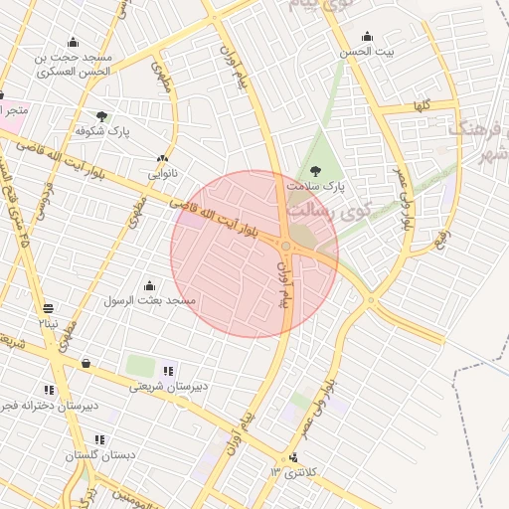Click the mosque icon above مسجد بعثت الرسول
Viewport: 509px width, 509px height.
pyautogui.click(x=149, y=285)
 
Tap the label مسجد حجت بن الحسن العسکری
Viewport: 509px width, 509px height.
pyautogui.click(x=75, y=65)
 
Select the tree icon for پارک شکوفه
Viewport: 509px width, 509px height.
pyautogui.click(x=102, y=116)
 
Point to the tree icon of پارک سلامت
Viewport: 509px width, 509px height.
pyautogui.click(x=316, y=171)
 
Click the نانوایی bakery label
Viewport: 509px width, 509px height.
pyautogui.click(x=163, y=173)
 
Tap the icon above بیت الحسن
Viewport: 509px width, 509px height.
pyautogui.click(x=368, y=37)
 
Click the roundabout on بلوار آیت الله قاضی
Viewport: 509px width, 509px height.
pyautogui.click(x=286, y=246)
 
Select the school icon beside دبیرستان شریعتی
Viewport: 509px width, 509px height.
pyautogui.click(x=167, y=371)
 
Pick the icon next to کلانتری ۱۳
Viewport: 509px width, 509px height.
pyautogui.click(x=292, y=457)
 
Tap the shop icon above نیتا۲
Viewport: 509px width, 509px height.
pyautogui.click(x=49, y=307)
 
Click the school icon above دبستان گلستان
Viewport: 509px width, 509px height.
pyautogui.click(x=99, y=438)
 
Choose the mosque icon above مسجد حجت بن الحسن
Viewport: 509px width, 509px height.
pyautogui.click(x=73, y=42)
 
